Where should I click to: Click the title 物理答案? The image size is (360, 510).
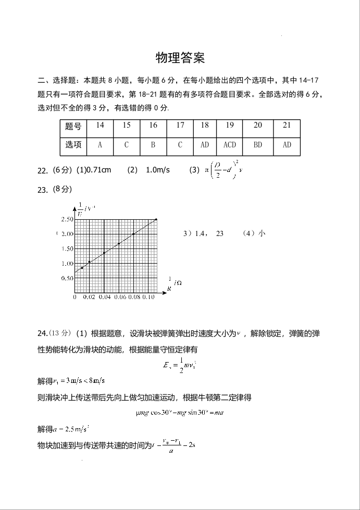click(x=180, y=58)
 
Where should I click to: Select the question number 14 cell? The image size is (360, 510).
click(x=100, y=126)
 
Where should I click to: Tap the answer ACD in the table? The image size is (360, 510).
click(x=230, y=145)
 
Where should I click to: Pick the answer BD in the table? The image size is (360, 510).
click(x=258, y=145)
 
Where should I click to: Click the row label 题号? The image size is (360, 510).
click(x=73, y=126)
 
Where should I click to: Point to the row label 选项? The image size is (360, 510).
click(x=73, y=145)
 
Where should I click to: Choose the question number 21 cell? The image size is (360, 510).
click(x=287, y=126)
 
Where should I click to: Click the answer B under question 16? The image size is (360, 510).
click(x=153, y=145)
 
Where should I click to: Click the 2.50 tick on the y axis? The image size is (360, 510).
click(x=67, y=219)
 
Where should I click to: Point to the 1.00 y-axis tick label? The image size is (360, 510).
click(x=67, y=264)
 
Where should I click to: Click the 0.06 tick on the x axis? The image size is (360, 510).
click(x=120, y=297)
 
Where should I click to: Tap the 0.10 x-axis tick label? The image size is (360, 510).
click(x=148, y=297)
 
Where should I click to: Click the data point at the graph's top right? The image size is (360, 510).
click(x=156, y=220)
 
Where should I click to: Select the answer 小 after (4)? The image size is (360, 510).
click(x=262, y=233)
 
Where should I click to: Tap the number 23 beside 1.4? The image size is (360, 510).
click(x=219, y=233)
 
